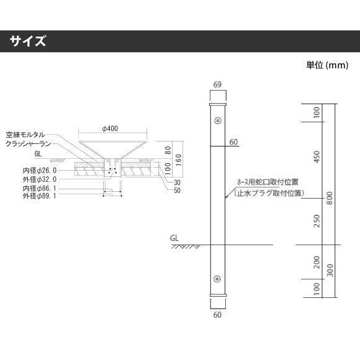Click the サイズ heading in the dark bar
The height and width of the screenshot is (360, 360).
click(x=28, y=41)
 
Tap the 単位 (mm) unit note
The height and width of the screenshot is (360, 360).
click(x=327, y=65)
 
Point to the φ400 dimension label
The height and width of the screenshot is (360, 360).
click(x=110, y=128)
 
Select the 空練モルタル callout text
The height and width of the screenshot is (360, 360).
click(x=25, y=135)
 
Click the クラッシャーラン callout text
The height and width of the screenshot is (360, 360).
click(x=28, y=144)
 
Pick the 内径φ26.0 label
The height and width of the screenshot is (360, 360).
click(x=40, y=170)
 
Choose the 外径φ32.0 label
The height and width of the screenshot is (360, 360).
click(x=40, y=179)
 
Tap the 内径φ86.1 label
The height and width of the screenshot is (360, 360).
click(x=40, y=188)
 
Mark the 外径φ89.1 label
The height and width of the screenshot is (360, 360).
click(x=40, y=196)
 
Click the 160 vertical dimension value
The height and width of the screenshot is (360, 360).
click(x=178, y=160)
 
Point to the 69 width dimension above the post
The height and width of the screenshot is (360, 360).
click(x=217, y=84)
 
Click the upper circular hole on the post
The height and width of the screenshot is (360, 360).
click(x=218, y=120)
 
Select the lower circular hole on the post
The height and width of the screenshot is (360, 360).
click(x=217, y=279)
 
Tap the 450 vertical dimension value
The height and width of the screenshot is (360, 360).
click(x=317, y=156)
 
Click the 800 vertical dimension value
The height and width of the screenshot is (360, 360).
click(x=330, y=198)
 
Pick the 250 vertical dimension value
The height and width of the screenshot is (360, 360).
click(x=317, y=221)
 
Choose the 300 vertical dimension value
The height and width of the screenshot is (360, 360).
click(x=330, y=270)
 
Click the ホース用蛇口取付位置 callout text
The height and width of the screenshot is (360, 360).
click(x=268, y=182)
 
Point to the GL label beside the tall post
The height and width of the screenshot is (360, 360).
click(x=174, y=238)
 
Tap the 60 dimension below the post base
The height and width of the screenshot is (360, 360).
click(x=217, y=315)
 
